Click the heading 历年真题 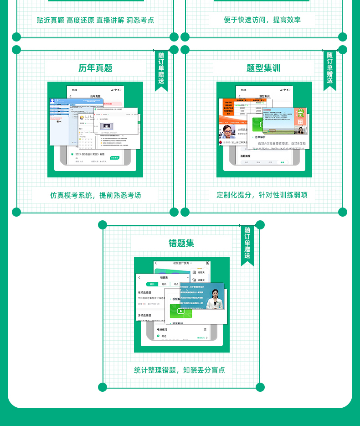click(x=95, y=68)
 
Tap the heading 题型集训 click(x=263, y=68)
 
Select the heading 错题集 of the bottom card click(x=181, y=243)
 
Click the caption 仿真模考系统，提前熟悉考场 click(x=95, y=195)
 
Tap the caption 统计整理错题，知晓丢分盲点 click(x=180, y=370)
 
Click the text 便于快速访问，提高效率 click(x=262, y=20)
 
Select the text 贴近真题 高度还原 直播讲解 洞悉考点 click(x=95, y=20)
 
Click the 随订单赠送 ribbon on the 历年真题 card click(x=161, y=68)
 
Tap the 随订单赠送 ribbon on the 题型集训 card click(x=330, y=68)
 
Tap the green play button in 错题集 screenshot click(x=181, y=311)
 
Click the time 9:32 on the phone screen click(x=74, y=90)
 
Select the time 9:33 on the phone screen click(x=243, y=90)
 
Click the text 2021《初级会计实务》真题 click(x=90, y=154)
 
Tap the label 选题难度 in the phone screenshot click(x=247, y=156)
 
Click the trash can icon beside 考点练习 click(x=205, y=329)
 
